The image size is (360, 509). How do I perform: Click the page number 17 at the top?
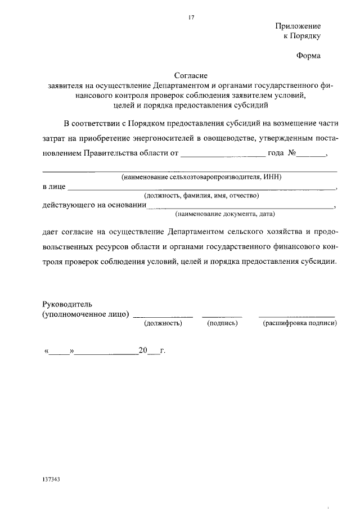(x=191, y=18)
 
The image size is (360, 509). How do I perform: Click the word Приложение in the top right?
(x=298, y=26)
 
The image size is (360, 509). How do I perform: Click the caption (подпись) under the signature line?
(x=222, y=323)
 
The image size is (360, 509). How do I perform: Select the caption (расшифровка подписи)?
(x=299, y=323)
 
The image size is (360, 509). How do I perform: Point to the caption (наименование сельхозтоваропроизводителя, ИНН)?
(x=201, y=177)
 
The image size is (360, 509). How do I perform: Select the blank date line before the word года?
(x=223, y=155)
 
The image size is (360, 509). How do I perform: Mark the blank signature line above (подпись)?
(x=222, y=316)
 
